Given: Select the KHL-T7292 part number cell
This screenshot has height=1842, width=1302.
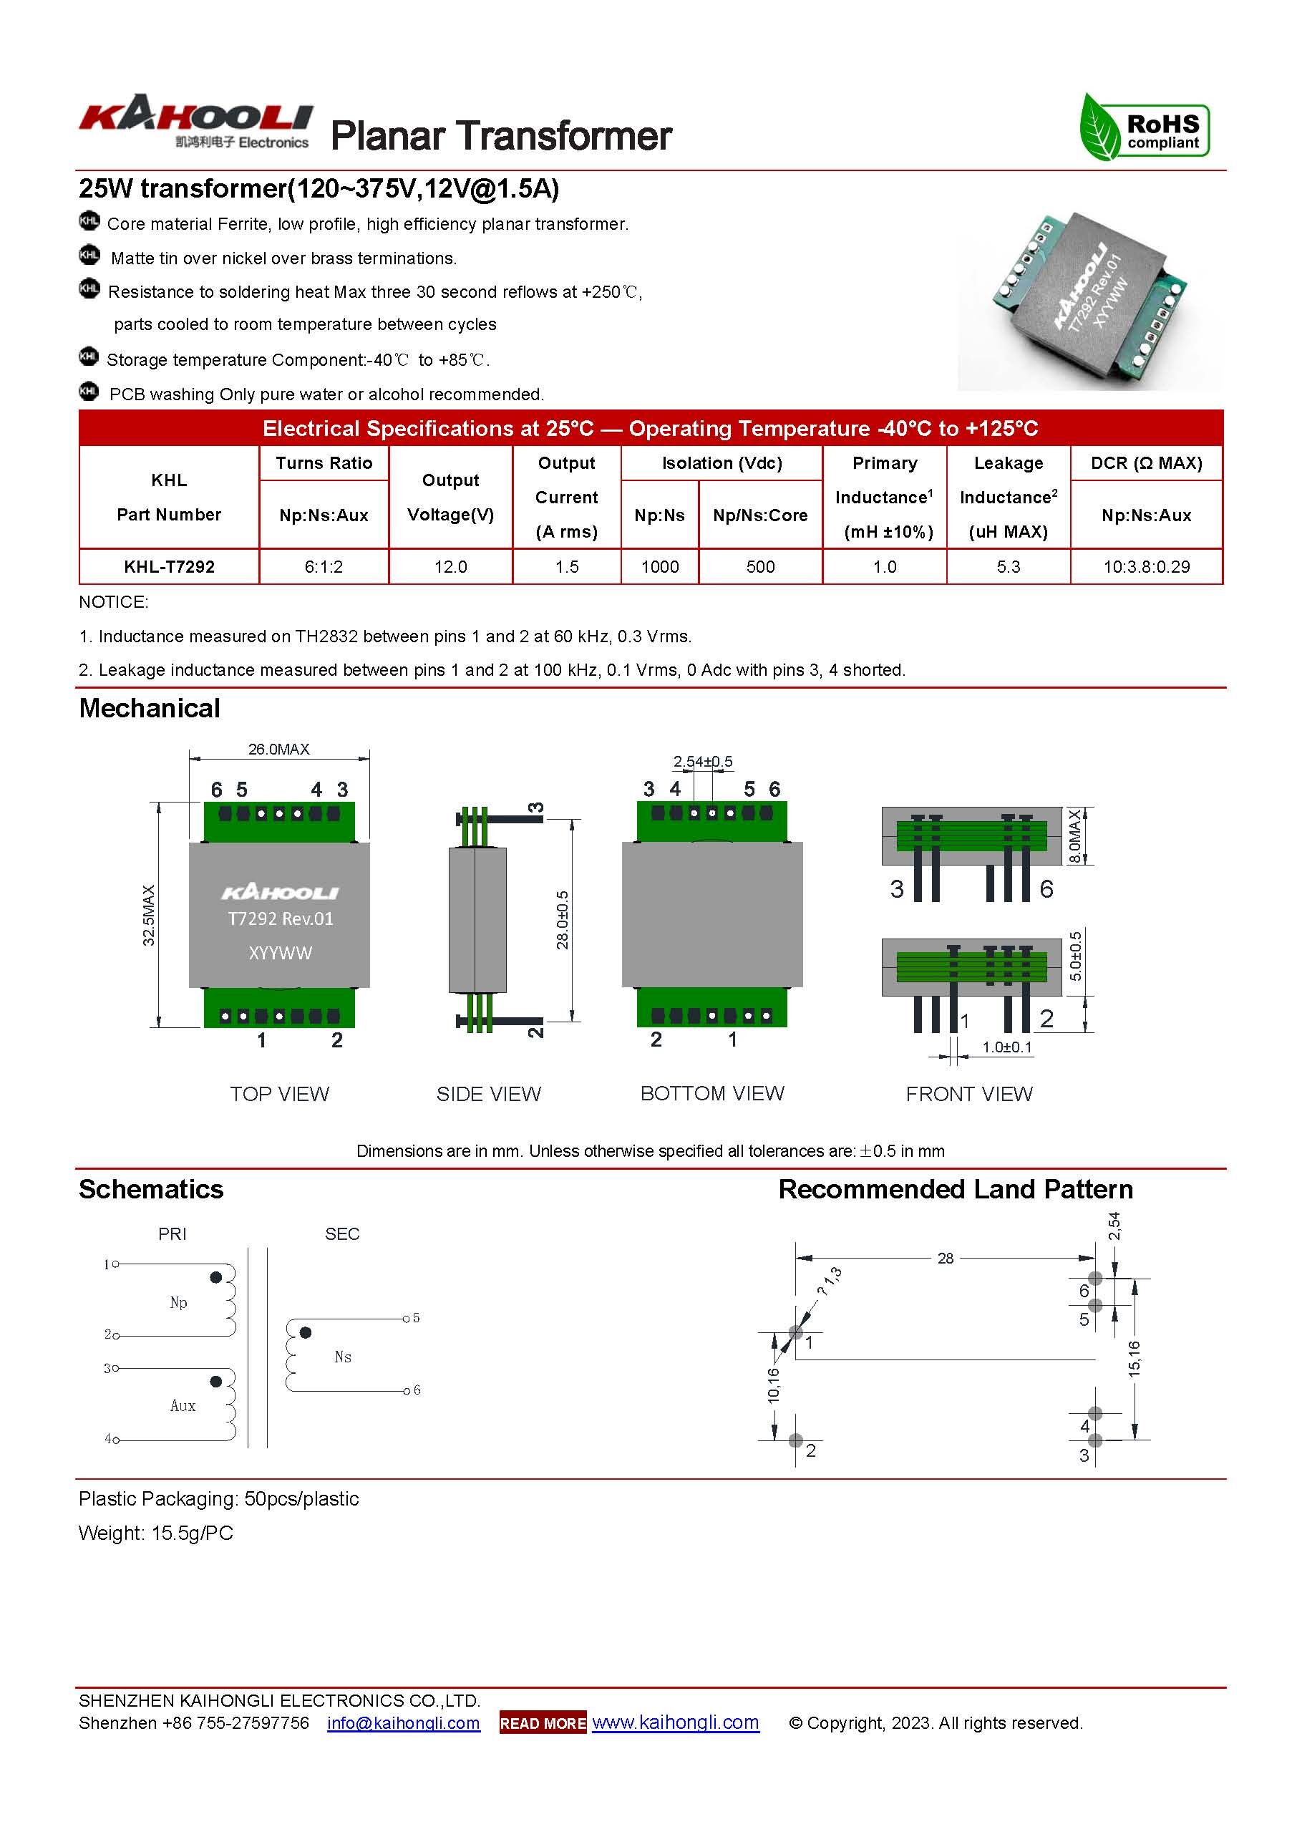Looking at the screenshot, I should pyautogui.click(x=169, y=566).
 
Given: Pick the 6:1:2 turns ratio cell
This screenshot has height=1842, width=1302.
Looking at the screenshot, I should pyautogui.click(x=324, y=566).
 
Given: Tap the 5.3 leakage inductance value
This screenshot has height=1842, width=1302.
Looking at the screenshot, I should pyautogui.click(x=1008, y=566).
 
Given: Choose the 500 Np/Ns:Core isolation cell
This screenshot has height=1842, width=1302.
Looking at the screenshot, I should pyautogui.click(x=759, y=566).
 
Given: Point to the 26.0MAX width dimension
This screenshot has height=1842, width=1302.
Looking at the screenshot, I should pyautogui.click(x=278, y=750).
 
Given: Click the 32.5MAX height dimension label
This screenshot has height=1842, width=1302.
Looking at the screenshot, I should pyautogui.click(x=149, y=915).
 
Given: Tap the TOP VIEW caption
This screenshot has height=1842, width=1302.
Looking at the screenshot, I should pyautogui.click(x=279, y=1093).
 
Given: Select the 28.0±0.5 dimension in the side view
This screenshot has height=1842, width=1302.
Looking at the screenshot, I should pyautogui.click(x=563, y=919).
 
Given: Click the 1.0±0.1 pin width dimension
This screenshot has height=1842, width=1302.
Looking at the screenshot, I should pyautogui.click(x=1007, y=1047).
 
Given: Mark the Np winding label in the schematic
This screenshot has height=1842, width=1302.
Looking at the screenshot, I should pyautogui.click(x=178, y=1303).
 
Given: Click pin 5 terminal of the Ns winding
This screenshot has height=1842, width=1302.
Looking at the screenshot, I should pyautogui.click(x=407, y=1318).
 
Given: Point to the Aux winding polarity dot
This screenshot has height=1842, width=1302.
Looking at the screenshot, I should pyautogui.click(x=215, y=1382).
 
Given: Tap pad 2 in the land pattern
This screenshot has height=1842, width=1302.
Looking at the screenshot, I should pyautogui.click(x=795, y=1441).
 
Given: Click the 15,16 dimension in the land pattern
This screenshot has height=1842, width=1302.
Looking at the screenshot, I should pyautogui.click(x=1134, y=1359).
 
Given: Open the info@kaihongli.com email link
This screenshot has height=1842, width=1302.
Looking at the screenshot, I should pyautogui.click(x=404, y=1723).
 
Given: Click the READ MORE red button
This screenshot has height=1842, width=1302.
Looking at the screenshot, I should pyautogui.click(x=543, y=1723).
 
